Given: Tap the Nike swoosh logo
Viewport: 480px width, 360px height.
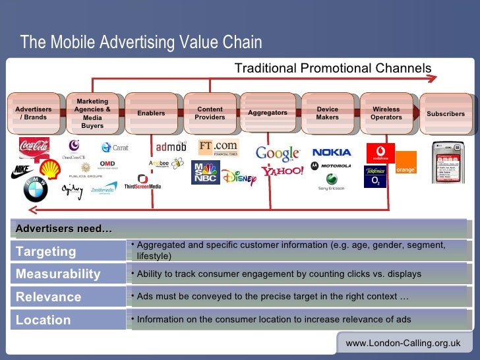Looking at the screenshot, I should [x=22, y=172].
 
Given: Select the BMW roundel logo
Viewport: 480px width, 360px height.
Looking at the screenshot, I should [x=36, y=190].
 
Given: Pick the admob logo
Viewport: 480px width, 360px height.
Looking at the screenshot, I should [x=171, y=146].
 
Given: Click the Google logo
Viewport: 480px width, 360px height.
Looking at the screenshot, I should [x=278, y=153].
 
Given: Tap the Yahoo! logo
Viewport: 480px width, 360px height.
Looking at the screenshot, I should [x=282, y=171].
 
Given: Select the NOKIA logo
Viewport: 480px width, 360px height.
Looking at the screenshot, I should [x=332, y=152].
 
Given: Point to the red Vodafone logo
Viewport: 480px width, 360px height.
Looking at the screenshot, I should [x=380, y=152].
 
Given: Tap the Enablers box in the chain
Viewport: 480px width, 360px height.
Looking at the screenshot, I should [x=151, y=113].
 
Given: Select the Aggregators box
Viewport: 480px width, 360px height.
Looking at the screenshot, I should [x=268, y=113].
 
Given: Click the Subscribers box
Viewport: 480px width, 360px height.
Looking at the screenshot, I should [x=446, y=113].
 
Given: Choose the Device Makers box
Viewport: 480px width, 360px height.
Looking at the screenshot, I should [x=328, y=113].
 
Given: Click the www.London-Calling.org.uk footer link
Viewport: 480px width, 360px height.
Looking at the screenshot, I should [x=403, y=344].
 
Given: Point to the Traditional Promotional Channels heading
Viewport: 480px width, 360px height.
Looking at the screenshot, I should [x=333, y=69].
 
